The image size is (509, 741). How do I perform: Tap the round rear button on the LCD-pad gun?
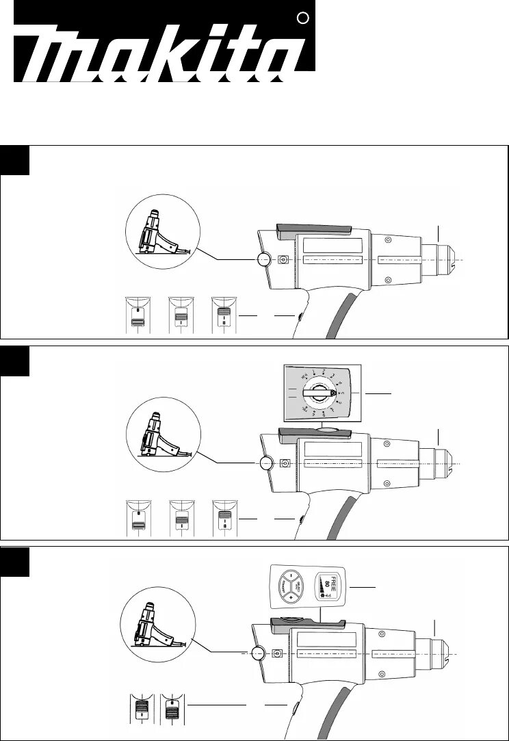pos(259,653)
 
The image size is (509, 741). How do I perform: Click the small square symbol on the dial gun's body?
pos(285,463)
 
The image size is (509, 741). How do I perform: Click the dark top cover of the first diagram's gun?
pos(313,229)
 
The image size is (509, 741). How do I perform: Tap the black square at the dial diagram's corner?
pos(15,361)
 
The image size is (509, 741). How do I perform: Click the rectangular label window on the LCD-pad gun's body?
pos(324,640)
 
